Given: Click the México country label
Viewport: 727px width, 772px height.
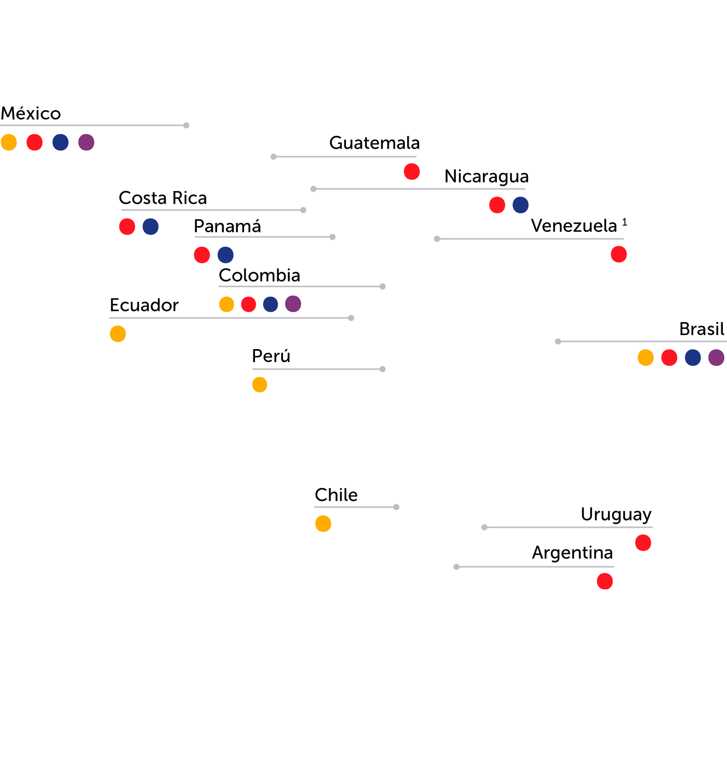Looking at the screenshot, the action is (31, 113).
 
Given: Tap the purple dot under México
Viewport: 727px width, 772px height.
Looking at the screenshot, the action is (86, 142).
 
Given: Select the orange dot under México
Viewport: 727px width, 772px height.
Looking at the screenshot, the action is (9, 142).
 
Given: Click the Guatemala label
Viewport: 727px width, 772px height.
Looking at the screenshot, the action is (374, 143).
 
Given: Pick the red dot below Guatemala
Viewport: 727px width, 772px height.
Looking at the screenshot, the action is (412, 171).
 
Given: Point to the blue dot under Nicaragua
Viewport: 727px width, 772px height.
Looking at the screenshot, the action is (521, 205).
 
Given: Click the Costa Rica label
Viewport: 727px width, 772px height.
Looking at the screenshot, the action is (163, 198).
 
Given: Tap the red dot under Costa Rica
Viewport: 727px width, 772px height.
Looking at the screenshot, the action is (127, 227).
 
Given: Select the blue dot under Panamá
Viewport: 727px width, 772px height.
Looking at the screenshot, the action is (226, 255).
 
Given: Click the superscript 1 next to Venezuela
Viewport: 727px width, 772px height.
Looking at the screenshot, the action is (625, 222).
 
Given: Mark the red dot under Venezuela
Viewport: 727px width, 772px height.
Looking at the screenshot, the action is (619, 254).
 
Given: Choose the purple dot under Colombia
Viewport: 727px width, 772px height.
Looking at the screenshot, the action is (293, 304).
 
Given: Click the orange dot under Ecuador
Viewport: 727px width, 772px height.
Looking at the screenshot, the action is (118, 334).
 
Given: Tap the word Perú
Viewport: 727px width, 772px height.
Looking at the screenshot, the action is (271, 356).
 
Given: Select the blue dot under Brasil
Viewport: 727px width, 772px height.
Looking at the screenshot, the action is (693, 357).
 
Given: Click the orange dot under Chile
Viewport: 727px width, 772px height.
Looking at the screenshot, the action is (324, 524).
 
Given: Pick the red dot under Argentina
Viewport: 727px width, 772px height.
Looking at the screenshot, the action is (605, 581).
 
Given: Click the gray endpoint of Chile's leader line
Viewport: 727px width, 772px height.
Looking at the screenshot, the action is (396, 507).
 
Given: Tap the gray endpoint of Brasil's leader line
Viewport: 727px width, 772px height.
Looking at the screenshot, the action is (558, 341).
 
